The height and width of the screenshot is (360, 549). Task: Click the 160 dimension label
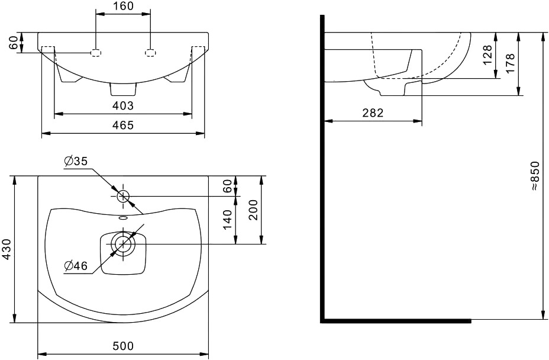[x=123, y=7]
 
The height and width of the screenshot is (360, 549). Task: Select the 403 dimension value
[x=123, y=105]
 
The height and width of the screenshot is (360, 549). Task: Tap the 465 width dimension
[x=123, y=125]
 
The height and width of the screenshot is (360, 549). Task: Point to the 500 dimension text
[x=123, y=346]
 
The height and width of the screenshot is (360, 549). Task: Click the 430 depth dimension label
[x=7, y=249]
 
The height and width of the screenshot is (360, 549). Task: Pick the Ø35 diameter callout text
[x=76, y=161]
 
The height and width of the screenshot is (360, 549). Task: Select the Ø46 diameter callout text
[x=76, y=266]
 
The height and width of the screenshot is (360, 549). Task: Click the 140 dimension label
[x=227, y=220]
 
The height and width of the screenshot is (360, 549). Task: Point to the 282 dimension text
[x=373, y=113]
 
